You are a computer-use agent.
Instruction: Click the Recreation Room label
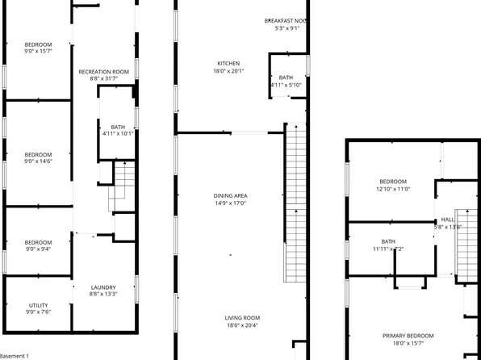point(104,72)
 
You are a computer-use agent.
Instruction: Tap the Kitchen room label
point(228,63)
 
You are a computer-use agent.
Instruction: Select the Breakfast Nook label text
point(287,20)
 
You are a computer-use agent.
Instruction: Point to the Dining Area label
point(230,195)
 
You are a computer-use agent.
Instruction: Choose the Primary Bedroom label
point(408,336)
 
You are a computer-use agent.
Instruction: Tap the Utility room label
point(38,305)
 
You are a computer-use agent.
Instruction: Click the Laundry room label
point(103,287)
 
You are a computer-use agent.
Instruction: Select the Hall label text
point(448,220)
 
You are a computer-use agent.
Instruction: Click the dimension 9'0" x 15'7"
point(38,52)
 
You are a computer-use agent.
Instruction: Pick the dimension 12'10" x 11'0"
point(393,189)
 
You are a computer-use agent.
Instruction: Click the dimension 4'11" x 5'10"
point(287,85)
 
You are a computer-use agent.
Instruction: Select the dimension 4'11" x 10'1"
point(118,134)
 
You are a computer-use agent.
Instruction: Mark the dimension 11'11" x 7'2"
point(388,249)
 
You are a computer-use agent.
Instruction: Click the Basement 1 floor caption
point(15,355)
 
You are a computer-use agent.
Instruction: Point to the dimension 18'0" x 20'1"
point(228,71)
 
